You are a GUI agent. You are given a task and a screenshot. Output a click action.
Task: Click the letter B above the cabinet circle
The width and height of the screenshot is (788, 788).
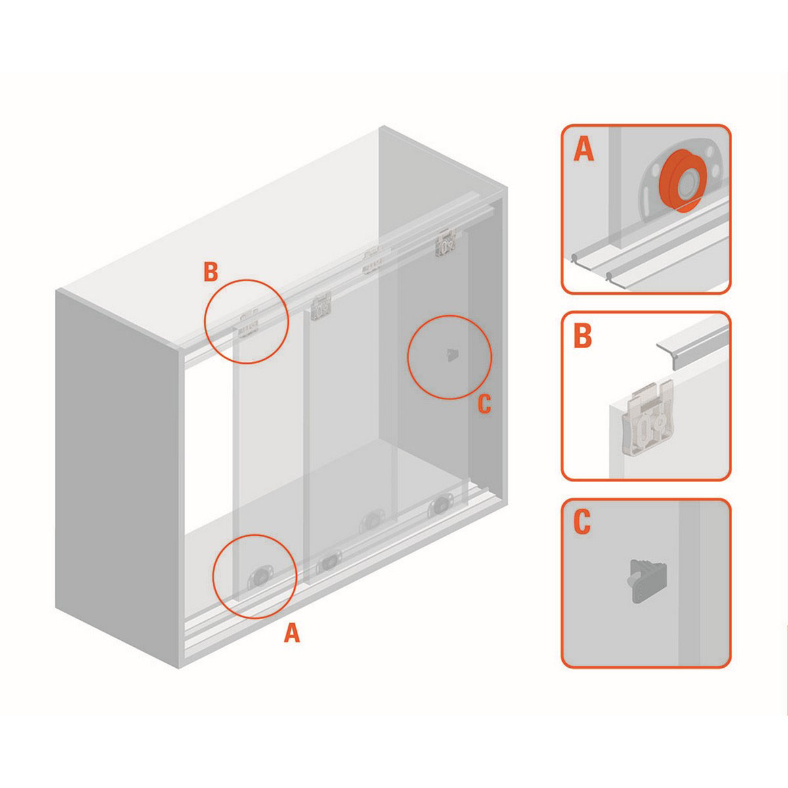point(211,272)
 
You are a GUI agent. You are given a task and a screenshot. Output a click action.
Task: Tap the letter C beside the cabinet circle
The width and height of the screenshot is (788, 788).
point(484,404)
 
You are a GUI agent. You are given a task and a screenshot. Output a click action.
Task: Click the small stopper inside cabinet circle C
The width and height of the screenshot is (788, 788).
point(452,355)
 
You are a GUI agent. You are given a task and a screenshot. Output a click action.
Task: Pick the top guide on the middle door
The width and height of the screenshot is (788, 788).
point(321,308)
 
